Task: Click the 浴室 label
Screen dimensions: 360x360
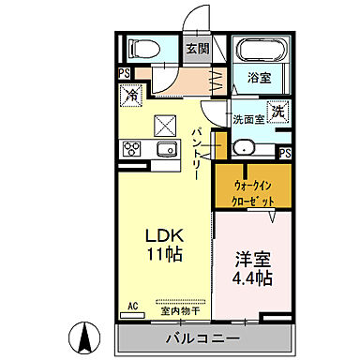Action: click(260, 79)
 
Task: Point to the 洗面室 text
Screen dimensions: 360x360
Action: click(249, 119)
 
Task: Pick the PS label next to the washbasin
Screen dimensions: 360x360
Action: click(284, 153)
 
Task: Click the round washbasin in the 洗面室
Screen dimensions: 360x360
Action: click(242, 147)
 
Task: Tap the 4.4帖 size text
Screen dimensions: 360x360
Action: click(252, 278)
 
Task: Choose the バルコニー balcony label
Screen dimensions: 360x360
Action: click(203, 337)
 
